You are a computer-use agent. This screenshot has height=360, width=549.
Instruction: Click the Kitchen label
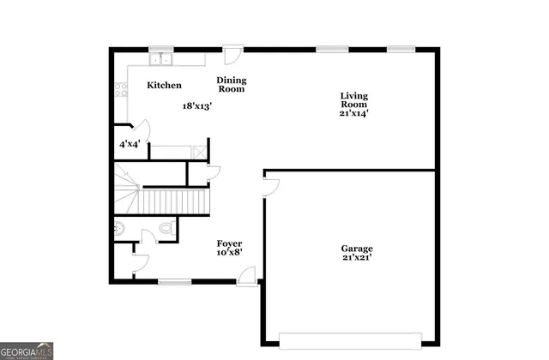point(164,86)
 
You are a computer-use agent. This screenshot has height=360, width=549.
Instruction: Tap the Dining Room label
point(232,84)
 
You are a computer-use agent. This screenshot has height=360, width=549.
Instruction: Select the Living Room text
point(353,100)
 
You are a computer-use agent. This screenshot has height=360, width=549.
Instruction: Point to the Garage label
point(357,249)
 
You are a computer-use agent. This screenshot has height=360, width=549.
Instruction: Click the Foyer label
point(229,243)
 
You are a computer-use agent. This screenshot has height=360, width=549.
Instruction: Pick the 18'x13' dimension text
point(196,106)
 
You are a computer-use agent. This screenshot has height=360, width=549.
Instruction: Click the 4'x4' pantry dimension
point(129,144)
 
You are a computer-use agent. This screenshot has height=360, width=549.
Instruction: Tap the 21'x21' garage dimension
point(357,258)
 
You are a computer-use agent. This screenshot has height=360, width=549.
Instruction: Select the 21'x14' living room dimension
point(353,113)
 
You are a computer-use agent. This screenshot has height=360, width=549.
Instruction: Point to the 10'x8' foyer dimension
point(229,253)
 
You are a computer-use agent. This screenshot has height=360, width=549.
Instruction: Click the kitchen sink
point(160,60)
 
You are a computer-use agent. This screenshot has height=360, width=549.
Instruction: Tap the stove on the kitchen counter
point(121,88)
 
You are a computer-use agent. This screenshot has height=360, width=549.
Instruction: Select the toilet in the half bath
point(167,230)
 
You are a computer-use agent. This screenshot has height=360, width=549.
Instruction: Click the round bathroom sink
point(119,229)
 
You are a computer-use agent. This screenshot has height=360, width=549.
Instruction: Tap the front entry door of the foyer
point(247,275)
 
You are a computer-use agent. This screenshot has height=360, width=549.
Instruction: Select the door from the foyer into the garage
point(269,186)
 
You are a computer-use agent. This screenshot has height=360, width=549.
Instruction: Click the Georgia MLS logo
point(27,351)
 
